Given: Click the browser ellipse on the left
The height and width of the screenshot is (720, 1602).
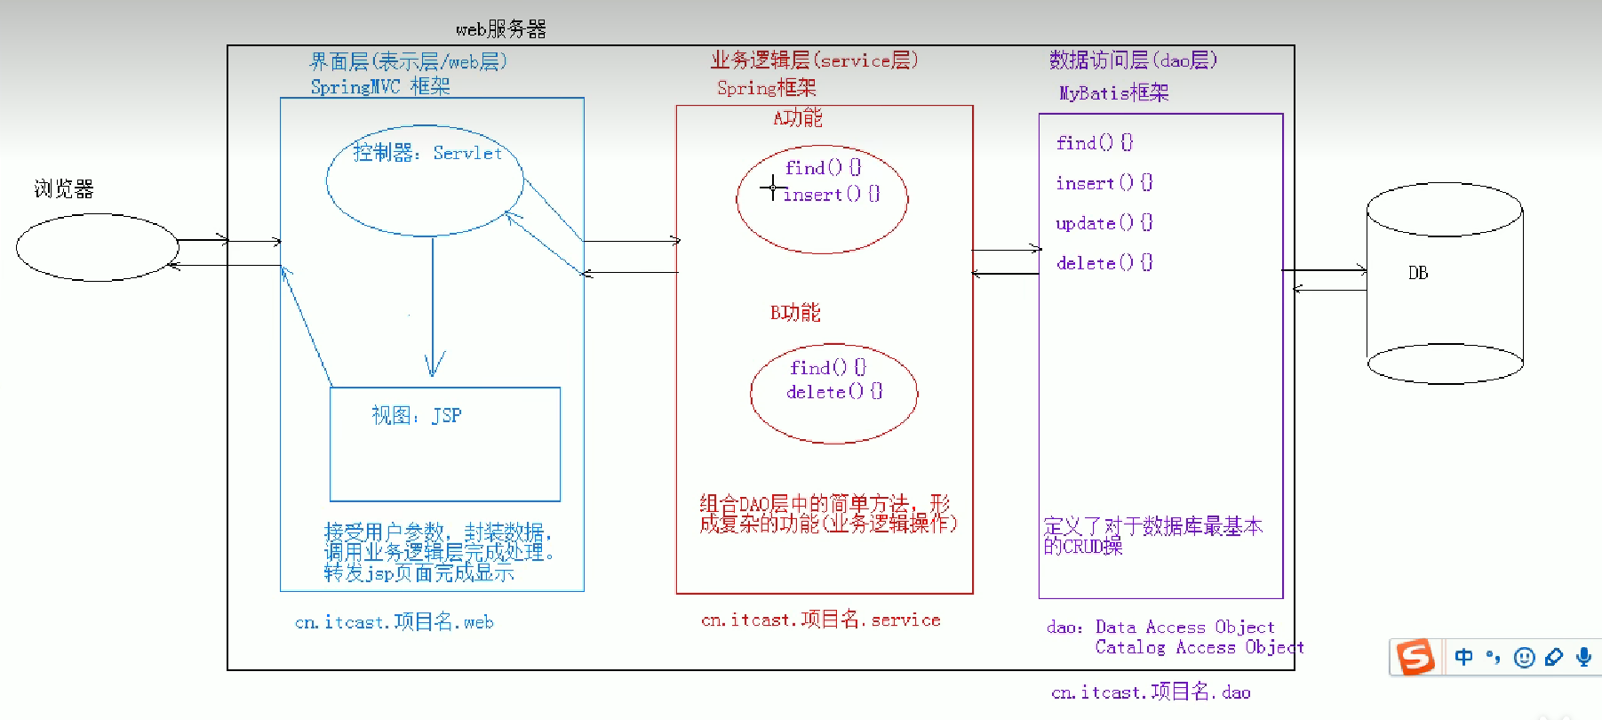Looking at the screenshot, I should [97, 247].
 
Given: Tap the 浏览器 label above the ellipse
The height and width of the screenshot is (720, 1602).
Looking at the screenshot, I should [64, 188].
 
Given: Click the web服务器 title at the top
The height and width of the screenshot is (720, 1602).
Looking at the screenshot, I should [500, 29].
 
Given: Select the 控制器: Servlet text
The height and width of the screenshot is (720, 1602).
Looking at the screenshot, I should [427, 153].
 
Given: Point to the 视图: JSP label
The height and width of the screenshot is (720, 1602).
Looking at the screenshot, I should [416, 415].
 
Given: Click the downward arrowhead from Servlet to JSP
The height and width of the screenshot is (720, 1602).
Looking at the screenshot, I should [434, 364].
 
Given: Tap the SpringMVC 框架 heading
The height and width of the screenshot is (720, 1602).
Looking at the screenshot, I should [380, 87].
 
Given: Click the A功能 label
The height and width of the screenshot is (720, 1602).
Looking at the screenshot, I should [797, 117].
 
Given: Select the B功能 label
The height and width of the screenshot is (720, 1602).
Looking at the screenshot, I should [795, 312].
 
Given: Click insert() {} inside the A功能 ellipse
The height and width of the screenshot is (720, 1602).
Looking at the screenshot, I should [831, 194].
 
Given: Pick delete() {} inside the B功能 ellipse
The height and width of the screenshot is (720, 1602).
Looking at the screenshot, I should [833, 391].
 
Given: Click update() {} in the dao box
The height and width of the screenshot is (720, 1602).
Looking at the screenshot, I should [1104, 223].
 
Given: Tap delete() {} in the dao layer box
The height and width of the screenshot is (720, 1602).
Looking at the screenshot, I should [1104, 263].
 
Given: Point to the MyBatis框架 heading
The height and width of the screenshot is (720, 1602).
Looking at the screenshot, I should [1113, 93].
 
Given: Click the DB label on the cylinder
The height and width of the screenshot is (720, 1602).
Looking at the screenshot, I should [1418, 273].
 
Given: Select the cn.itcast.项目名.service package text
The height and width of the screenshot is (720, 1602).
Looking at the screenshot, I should [820, 620].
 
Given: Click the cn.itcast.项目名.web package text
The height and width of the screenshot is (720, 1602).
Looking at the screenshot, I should [394, 622].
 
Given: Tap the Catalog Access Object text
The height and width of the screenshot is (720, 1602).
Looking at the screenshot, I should [1199, 648].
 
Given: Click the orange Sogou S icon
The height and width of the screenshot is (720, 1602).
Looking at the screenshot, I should [1415, 658].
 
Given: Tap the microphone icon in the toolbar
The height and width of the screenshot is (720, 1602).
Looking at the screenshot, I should [1583, 657].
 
